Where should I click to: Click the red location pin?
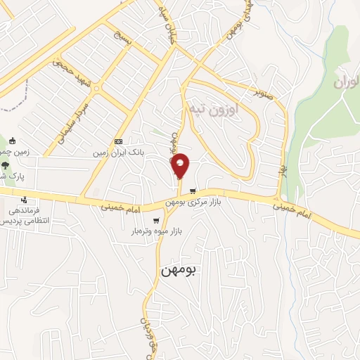pos(181,166)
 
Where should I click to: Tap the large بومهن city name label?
pos(181,270)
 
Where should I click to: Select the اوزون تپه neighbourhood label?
pos(214,110)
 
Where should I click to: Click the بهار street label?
pos(283,169)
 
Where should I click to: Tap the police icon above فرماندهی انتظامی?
pos(25,200)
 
